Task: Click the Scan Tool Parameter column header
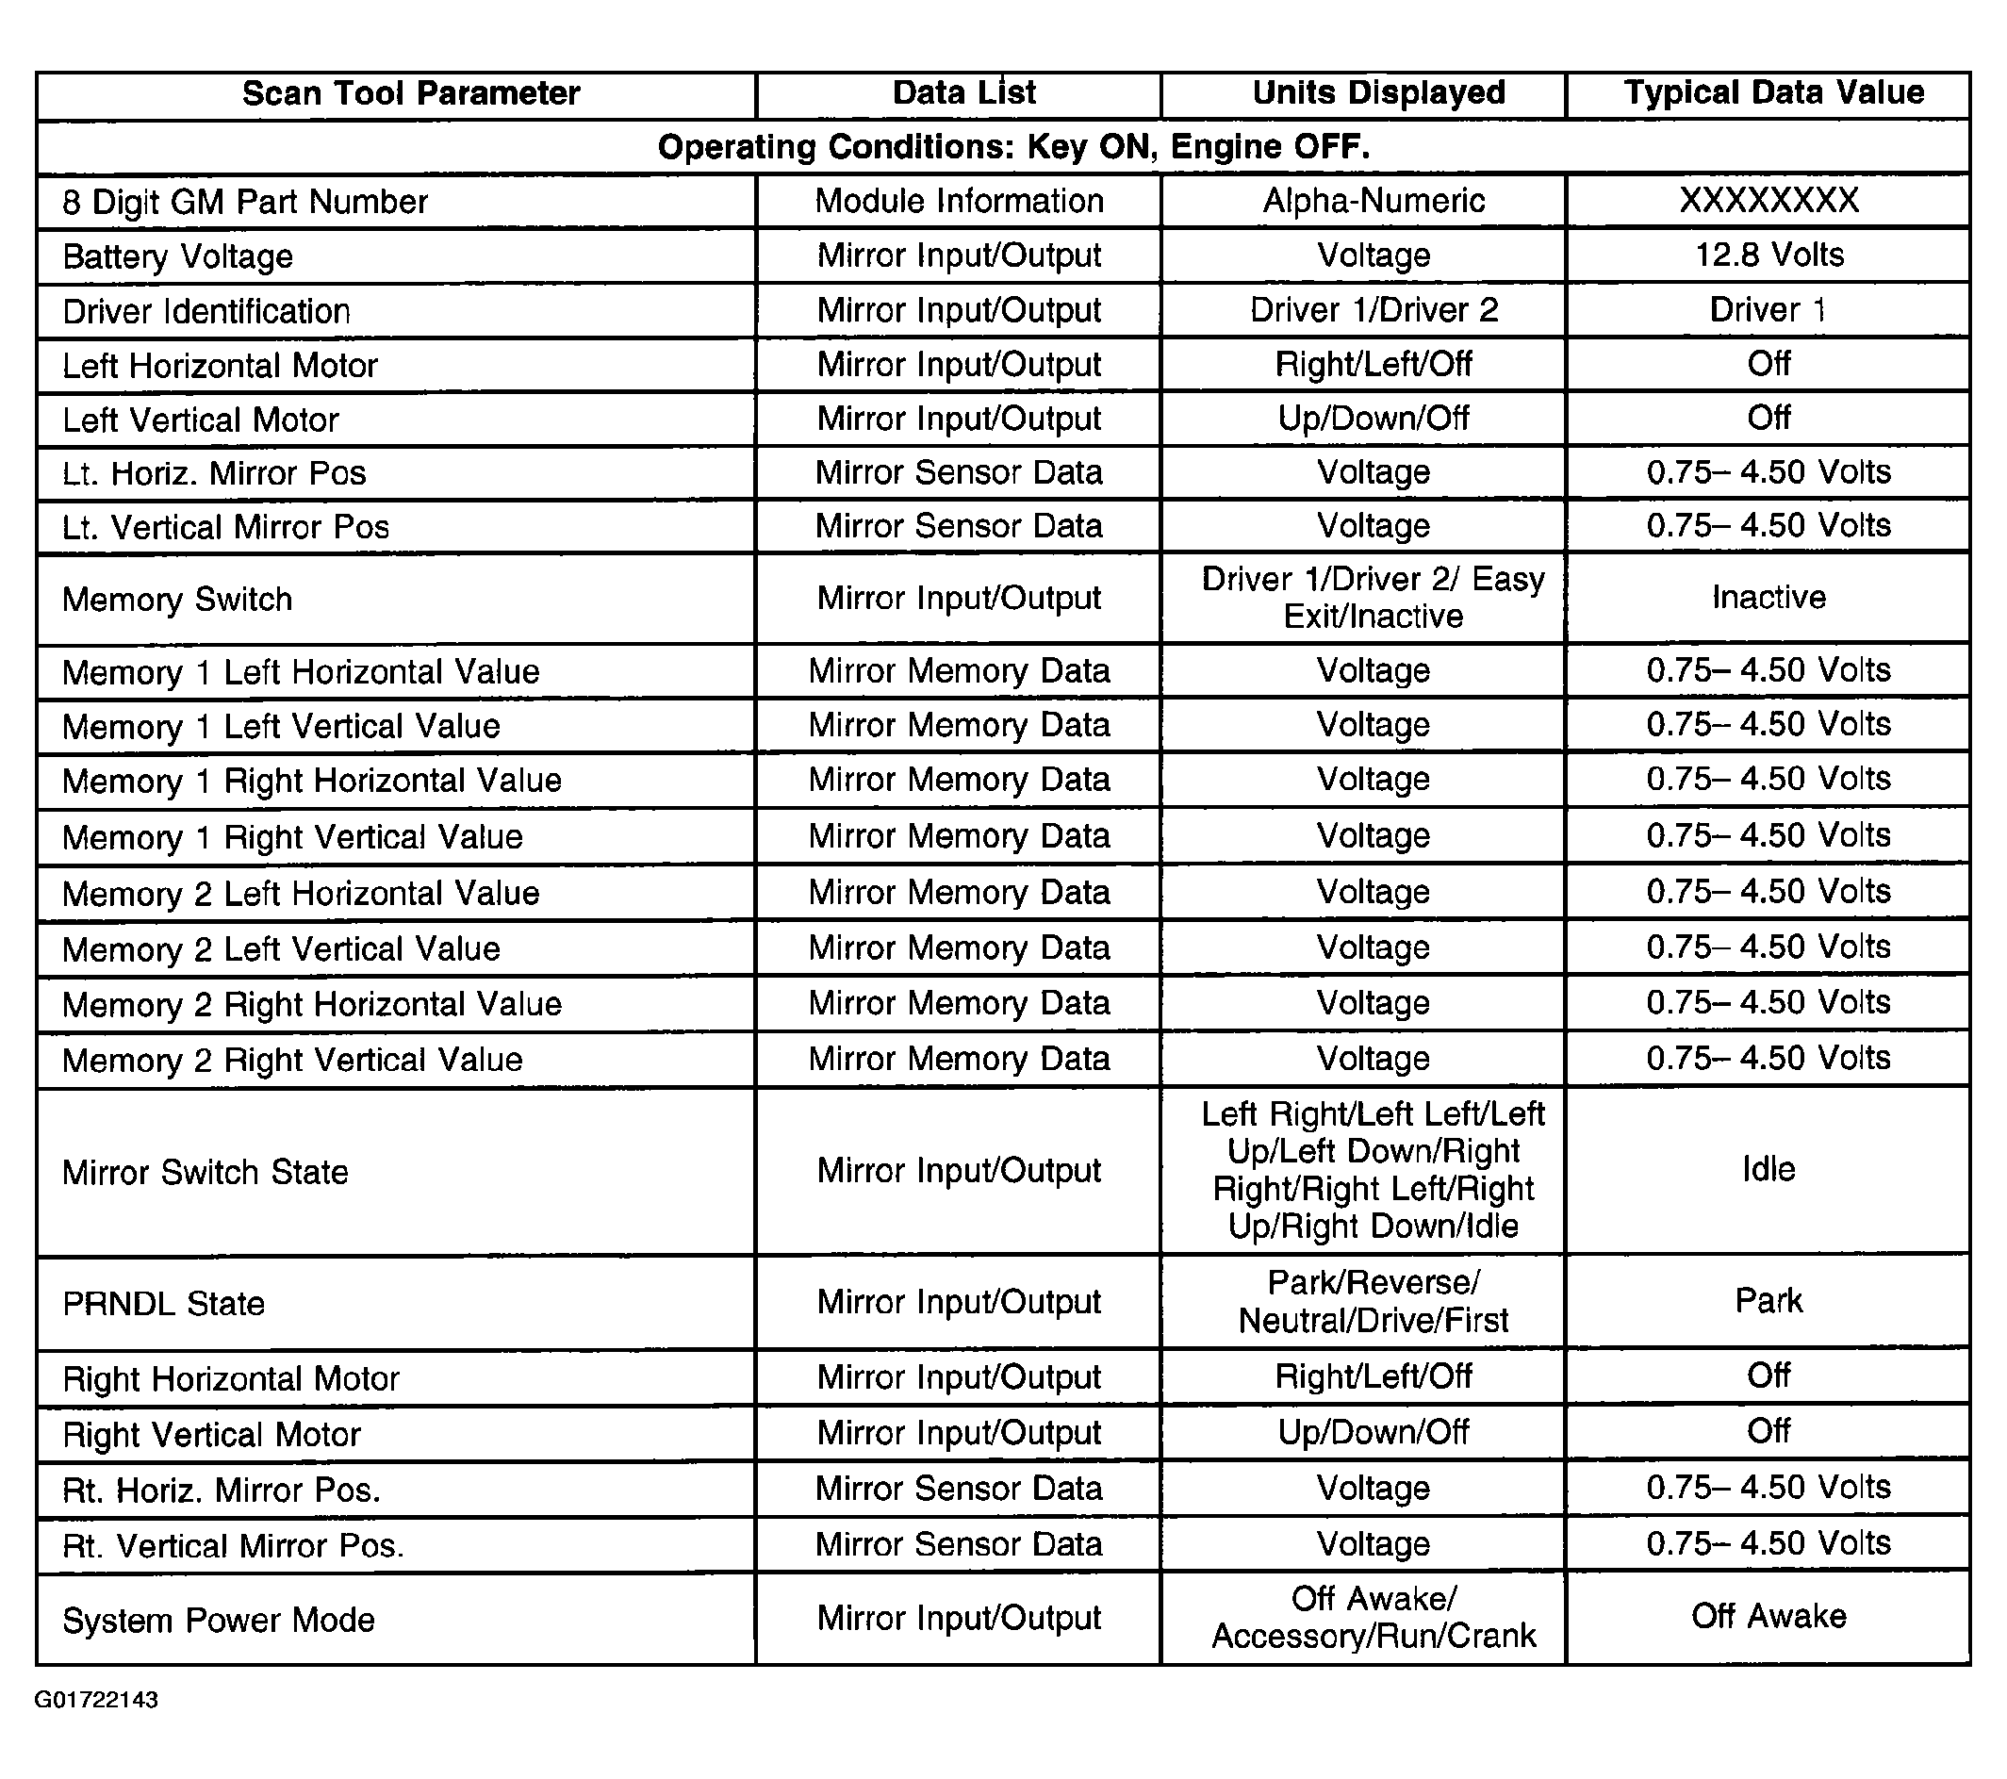[410, 94]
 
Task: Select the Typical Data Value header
[1773, 93]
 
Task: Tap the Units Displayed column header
[1378, 93]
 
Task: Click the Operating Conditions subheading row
[1013, 148]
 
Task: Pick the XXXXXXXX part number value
[1768, 201]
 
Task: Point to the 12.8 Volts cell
[1768, 256]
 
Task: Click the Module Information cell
[960, 201]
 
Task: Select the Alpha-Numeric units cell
[1373, 201]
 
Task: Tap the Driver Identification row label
[206, 312]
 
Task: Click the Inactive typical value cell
[1768, 598]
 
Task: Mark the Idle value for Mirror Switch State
[1768, 1169]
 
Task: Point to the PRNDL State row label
[164, 1304]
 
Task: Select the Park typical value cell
[1768, 1302]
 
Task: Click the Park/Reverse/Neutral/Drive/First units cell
[1373, 1302]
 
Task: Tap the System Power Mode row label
[219, 1620]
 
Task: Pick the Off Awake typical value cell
[1768, 1617]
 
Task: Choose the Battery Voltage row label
[178, 257]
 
